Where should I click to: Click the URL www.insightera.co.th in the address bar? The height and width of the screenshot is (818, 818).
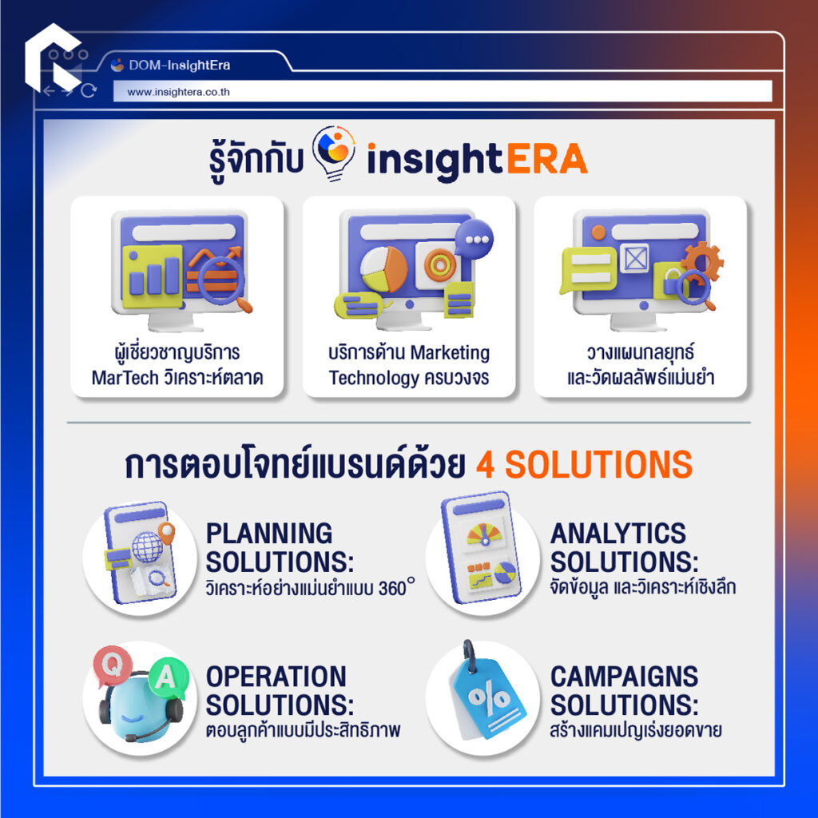tap(178, 92)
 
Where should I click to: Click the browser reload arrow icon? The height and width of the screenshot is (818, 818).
tap(89, 91)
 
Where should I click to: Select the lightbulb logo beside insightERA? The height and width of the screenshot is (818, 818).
tap(336, 152)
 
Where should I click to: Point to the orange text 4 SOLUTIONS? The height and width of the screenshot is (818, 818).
tap(584, 466)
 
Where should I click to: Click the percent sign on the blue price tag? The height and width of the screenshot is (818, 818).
tap(489, 702)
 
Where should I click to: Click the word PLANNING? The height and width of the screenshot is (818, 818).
tap(269, 533)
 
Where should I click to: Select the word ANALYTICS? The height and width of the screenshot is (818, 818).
tap(618, 533)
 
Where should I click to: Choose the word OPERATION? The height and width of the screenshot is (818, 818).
tap(276, 677)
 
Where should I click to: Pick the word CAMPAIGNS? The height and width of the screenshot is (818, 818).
tap(624, 677)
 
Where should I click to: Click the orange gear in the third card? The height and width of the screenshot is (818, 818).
tap(702, 261)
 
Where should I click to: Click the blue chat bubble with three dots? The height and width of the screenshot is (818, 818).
tap(474, 239)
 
